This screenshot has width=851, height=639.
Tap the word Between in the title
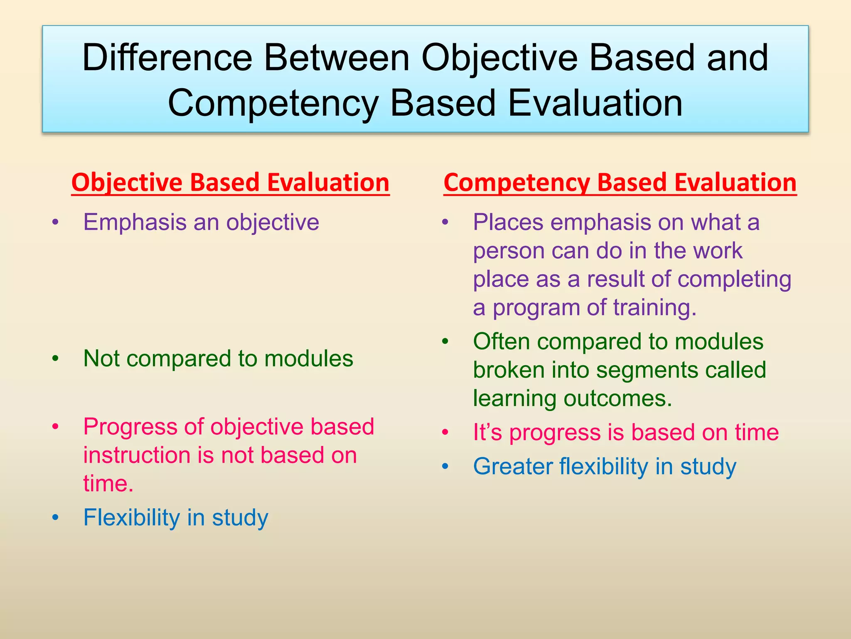337,58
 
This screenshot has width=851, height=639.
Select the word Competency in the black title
273,104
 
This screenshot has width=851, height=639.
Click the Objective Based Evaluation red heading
230,183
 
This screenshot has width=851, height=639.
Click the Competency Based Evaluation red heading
620,183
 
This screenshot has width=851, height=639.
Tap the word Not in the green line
101,358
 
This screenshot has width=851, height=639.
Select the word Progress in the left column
130,427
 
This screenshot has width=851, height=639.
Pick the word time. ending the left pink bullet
108,483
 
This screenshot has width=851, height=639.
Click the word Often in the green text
501,342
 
